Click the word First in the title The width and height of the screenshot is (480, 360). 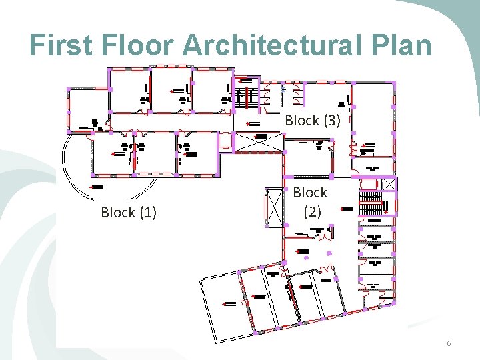(x=65, y=45)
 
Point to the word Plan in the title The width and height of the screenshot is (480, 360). (x=403, y=45)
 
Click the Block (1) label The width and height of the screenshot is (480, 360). (x=129, y=213)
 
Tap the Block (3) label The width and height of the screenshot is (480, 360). (x=313, y=121)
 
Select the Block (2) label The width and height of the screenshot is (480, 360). (x=310, y=202)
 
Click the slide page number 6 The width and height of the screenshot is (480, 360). (x=449, y=343)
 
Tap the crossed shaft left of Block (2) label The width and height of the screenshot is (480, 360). (x=274, y=207)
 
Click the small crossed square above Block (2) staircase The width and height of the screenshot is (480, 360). (x=390, y=183)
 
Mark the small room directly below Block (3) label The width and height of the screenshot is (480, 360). (x=308, y=157)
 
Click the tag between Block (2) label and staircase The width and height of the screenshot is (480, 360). (x=346, y=209)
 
